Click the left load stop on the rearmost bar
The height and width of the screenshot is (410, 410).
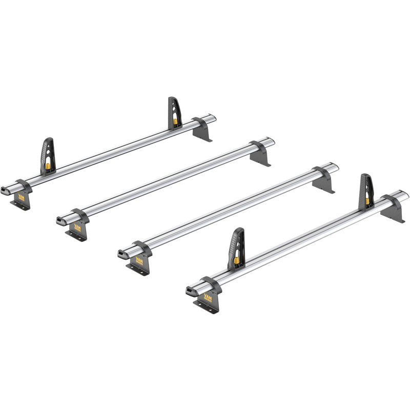tap(47, 155)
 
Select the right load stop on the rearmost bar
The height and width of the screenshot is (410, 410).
tap(174, 113)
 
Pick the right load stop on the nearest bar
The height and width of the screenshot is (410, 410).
tap(366, 192)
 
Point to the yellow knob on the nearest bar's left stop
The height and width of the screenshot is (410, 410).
tap(237, 260)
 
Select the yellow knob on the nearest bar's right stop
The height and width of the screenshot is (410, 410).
tap(367, 202)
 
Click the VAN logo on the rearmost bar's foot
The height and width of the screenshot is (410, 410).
tap(21, 197)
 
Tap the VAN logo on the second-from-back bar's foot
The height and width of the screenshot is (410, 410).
tap(77, 227)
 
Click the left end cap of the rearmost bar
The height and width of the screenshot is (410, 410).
tap(6, 189)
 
